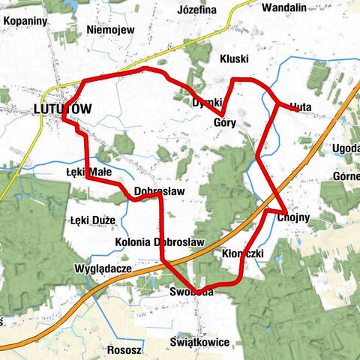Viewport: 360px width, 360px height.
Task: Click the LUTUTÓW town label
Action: [63, 109]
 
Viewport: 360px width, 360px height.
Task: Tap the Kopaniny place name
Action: [25, 21]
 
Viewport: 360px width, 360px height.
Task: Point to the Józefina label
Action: [196, 10]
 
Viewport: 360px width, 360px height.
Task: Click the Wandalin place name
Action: [284, 8]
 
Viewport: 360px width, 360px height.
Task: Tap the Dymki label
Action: [207, 102]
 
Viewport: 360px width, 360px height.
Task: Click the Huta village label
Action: [299, 106]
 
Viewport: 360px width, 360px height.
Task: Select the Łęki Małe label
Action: [88, 172]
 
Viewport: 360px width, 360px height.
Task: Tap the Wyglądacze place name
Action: [103, 268]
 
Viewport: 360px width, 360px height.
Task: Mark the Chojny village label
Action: [293, 218]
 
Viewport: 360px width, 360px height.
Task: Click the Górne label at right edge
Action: [348, 176]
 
